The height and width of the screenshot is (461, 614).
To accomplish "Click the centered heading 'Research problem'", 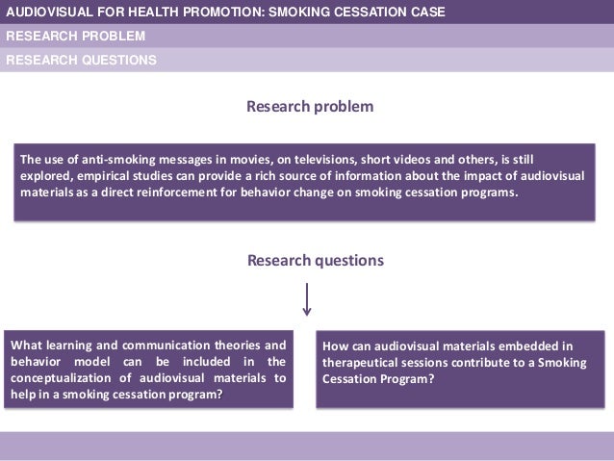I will point(310,106).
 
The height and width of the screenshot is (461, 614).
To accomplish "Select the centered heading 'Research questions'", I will point(316,260).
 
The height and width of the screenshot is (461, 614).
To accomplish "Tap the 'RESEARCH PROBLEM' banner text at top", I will point(76,37).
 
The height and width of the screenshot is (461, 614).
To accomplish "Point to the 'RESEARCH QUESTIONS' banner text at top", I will point(81,59).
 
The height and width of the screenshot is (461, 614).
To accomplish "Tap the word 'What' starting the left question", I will point(25,345).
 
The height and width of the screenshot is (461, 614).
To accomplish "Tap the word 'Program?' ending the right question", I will point(407,379).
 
